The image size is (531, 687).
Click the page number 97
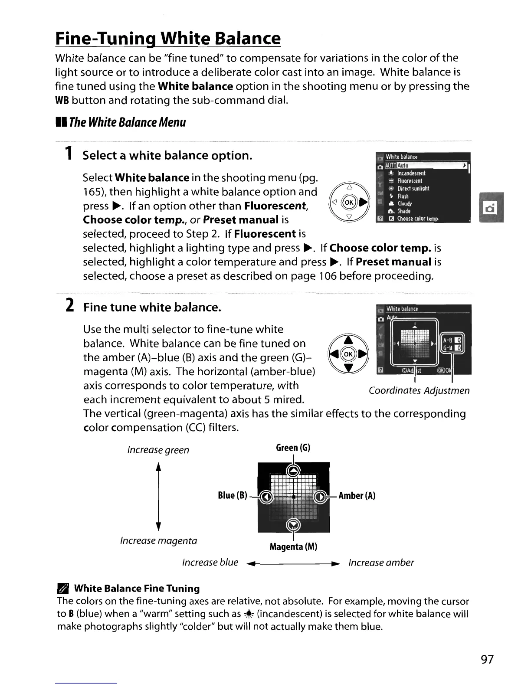(x=487, y=659)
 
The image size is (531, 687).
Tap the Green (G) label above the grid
(x=293, y=448)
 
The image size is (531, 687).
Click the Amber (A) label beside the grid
(x=357, y=496)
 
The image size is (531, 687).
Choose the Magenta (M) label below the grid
(x=293, y=547)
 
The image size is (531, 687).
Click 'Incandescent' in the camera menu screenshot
(x=411, y=173)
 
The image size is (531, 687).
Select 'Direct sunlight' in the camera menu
(x=413, y=189)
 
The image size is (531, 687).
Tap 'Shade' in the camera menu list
(x=404, y=211)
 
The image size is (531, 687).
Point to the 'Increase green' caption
(x=158, y=450)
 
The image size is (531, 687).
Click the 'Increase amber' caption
(x=381, y=563)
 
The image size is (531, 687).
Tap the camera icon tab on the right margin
(x=491, y=207)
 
